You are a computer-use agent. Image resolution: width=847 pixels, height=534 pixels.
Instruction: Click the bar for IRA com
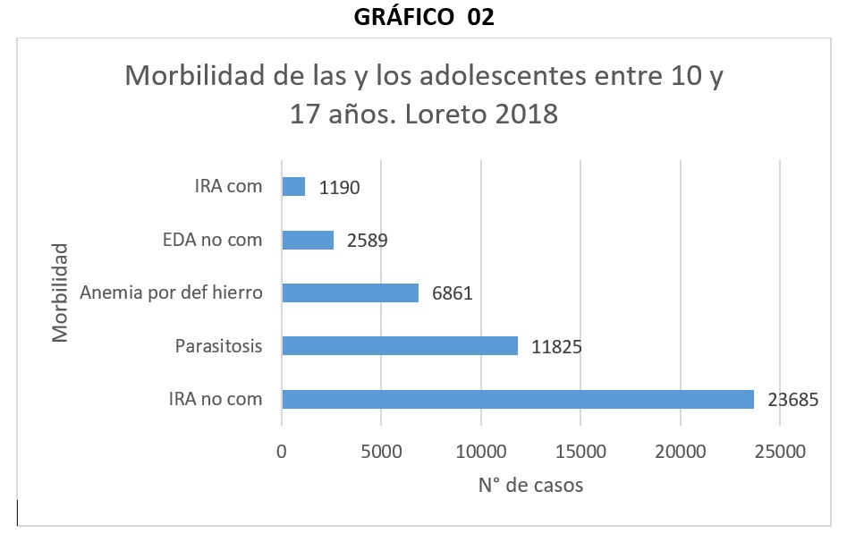(x=293, y=186)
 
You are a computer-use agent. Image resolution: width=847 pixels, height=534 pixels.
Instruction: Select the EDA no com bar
(x=308, y=240)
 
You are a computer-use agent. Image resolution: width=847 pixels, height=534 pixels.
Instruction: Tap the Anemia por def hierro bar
(x=350, y=292)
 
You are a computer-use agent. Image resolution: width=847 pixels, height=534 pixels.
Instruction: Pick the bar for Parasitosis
(x=400, y=345)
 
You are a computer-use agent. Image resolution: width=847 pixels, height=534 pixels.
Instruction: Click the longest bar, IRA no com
(x=518, y=399)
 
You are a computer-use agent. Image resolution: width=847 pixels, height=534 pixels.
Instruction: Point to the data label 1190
(x=341, y=188)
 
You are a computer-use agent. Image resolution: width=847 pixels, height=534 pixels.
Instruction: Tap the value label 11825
(x=558, y=346)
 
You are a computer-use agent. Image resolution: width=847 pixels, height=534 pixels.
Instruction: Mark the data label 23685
(x=794, y=400)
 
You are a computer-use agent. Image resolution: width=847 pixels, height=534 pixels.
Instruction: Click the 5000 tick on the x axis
(x=382, y=453)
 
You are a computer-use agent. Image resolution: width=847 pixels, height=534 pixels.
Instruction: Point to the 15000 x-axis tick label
(x=580, y=453)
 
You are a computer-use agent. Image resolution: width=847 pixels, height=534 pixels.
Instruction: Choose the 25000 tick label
(x=780, y=453)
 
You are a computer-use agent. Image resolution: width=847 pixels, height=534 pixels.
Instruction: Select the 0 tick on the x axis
(x=282, y=453)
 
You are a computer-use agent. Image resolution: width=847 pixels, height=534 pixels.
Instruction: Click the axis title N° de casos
(x=530, y=486)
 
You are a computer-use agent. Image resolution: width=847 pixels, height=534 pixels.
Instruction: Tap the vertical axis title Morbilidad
(x=60, y=292)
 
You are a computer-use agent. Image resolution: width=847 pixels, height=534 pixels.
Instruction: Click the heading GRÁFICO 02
(x=424, y=18)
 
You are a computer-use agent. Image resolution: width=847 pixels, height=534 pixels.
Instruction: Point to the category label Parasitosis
(x=219, y=345)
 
